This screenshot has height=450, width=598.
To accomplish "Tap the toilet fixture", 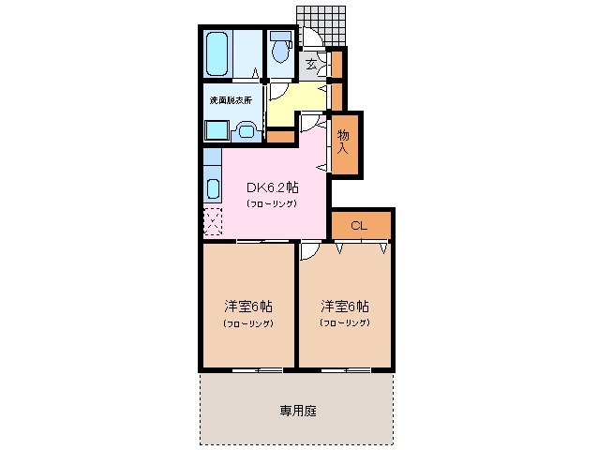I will click(x=280, y=50).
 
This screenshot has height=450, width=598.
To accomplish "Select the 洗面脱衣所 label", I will click(x=230, y=100).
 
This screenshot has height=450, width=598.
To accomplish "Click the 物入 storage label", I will click(x=343, y=142).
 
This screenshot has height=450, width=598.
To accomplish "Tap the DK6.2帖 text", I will click(x=272, y=187).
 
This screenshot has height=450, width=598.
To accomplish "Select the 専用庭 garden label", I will click(x=296, y=411).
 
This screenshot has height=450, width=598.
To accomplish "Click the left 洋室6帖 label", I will click(x=247, y=307).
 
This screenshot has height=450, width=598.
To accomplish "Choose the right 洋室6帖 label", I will click(x=344, y=307).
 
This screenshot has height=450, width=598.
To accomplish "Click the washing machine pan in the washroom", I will click(x=217, y=130).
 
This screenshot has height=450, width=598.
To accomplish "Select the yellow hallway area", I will click(x=295, y=99).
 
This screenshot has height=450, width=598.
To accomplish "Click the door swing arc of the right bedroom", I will click(x=308, y=252).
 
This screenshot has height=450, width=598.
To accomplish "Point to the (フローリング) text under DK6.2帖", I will click(x=272, y=203).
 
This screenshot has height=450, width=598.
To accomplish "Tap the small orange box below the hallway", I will click(x=280, y=136).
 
